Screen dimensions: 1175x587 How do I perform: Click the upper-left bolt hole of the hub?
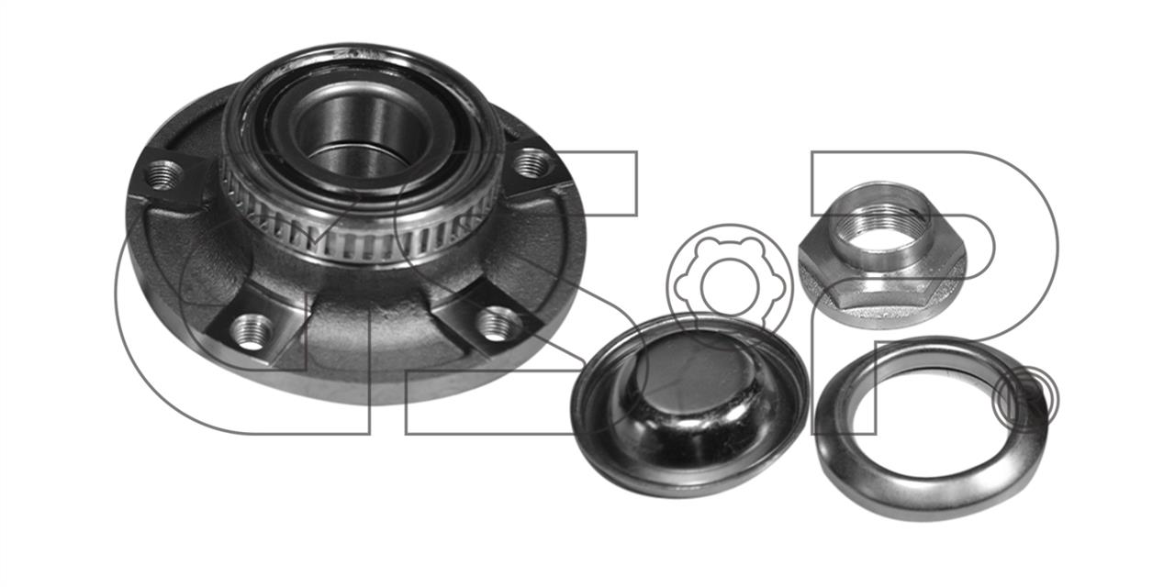[x=163, y=174]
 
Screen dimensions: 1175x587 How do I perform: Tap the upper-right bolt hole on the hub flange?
[x=532, y=162]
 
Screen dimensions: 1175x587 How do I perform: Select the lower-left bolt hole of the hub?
[x=252, y=332]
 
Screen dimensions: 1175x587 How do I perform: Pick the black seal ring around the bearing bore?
[x=362, y=131]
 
